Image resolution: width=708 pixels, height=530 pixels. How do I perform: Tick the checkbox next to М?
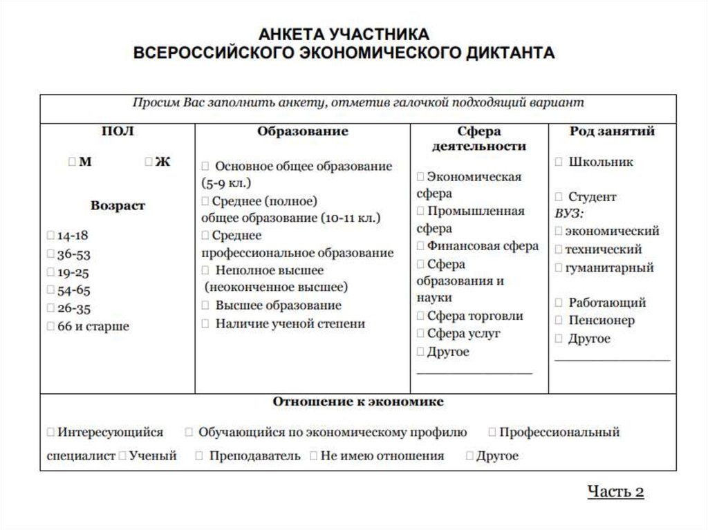click(x=73, y=162)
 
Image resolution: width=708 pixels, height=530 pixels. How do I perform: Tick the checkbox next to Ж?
click(x=149, y=162)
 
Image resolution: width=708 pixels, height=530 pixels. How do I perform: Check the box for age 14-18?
click(x=51, y=236)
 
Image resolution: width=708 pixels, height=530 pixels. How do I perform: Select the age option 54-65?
click(x=51, y=290)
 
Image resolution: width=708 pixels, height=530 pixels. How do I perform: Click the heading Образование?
click(x=302, y=131)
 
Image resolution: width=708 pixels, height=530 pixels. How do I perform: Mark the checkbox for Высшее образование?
click(x=205, y=305)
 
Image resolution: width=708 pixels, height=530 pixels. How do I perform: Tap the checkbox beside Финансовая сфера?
click(x=420, y=246)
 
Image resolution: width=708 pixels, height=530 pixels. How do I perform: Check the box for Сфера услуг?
click(x=420, y=334)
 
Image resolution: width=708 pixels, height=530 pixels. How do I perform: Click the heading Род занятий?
click(x=612, y=131)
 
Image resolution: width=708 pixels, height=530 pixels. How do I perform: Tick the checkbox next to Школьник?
click(x=559, y=162)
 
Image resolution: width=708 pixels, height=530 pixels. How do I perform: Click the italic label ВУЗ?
click(x=569, y=214)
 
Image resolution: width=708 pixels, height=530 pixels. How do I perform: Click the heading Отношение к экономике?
click(x=357, y=401)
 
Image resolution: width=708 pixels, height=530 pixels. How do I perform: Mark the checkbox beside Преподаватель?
click(x=199, y=456)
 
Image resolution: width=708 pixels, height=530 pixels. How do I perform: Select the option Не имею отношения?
click(x=314, y=456)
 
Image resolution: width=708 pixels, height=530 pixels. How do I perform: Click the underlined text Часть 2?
click(x=615, y=491)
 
